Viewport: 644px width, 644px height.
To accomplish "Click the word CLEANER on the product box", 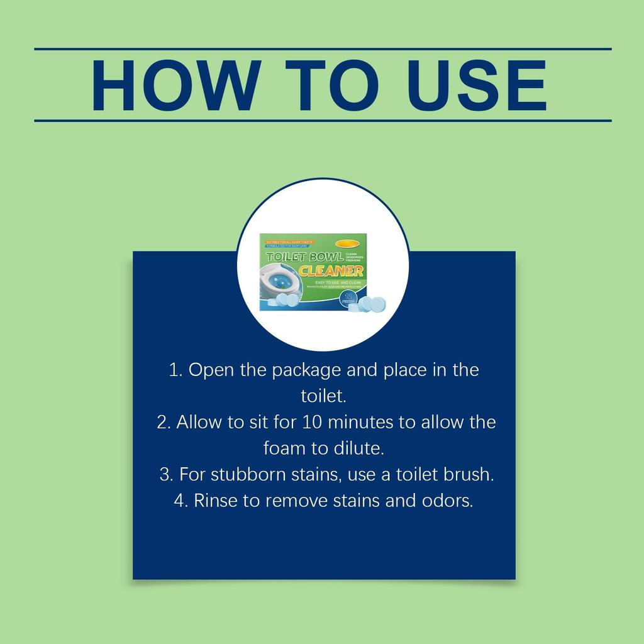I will (x=331, y=272).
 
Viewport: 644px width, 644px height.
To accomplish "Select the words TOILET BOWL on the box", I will (x=305, y=257).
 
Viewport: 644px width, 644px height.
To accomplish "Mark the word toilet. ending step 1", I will (x=323, y=396).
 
